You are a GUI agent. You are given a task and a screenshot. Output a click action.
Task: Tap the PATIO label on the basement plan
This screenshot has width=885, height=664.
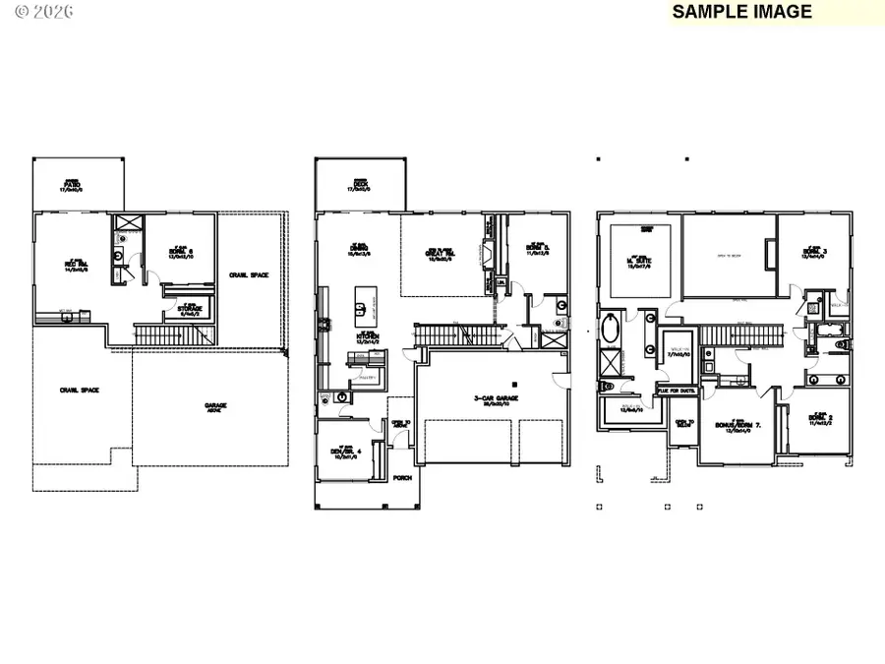[x=72, y=185]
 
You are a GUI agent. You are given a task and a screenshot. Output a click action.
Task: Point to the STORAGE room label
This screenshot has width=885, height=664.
[x=190, y=309]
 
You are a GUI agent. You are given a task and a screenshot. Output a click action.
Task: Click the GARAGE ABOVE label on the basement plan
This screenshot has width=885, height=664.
[x=216, y=406]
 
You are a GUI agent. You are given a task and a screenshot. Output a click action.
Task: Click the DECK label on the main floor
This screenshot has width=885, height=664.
[x=360, y=185]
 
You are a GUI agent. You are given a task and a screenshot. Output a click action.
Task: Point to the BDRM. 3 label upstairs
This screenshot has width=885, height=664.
[x=815, y=254]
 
